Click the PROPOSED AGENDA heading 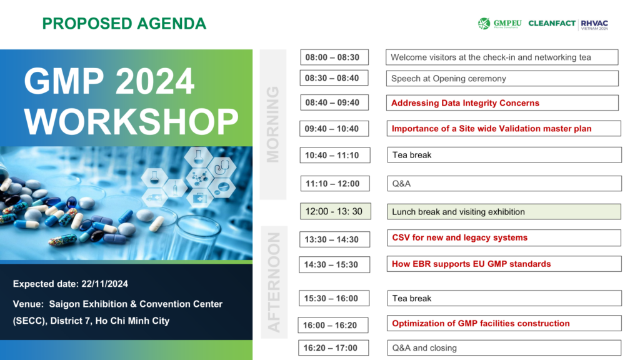tap(124, 24)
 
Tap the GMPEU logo tap(499, 24)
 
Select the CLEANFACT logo tap(552, 23)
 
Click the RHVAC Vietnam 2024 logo tap(594, 25)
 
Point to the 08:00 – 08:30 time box tap(334, 57)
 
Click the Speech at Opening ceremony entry tap(502, 78)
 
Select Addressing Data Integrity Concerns tap(502, 103)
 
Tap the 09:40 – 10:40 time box tap(334, 129)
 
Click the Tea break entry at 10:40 tap(504, 155)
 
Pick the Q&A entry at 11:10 tap(504, 184)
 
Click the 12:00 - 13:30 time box tap(336, 211)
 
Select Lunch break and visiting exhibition tap(504, 212)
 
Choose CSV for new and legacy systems tap(504, 238)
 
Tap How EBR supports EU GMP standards tap(504, 264)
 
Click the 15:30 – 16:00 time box tap(334, 298)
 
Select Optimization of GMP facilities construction tap(504, 323)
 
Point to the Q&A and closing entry tap(504, 348)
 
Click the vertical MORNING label tap(273, 124)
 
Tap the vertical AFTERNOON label tap(274, 282)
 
